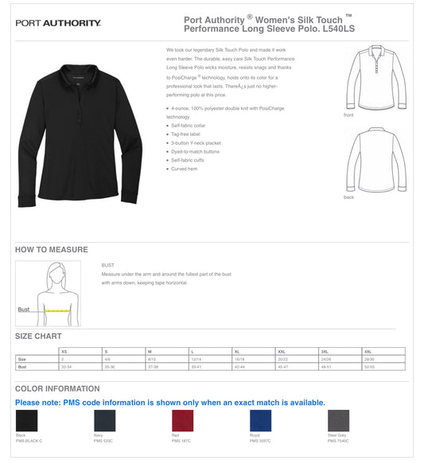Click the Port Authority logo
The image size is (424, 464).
[58, 23]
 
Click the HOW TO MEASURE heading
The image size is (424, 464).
[52, 250]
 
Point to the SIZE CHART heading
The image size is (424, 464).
[38, 336]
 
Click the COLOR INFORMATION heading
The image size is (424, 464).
[57, 388]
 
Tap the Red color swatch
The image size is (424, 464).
[182, 420]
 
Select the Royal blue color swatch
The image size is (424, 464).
[260, 420]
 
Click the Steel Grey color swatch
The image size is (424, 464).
[338, 420]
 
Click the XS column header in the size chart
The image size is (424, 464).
[64, 351]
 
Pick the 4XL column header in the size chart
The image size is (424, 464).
[368, 351]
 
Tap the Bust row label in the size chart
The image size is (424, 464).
[22, 367]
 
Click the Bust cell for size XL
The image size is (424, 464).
[238, 367]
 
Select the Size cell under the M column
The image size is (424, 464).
[152, 359]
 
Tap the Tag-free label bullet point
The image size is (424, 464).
[184, 134]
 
